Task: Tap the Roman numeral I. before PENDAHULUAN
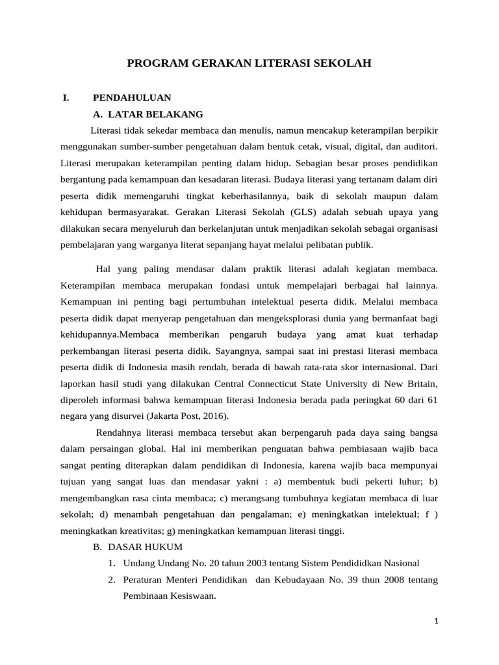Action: pos(66,97)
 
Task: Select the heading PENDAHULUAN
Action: pos(132,97)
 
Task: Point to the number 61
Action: pos(431,401)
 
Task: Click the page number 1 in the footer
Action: pos(437,621)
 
